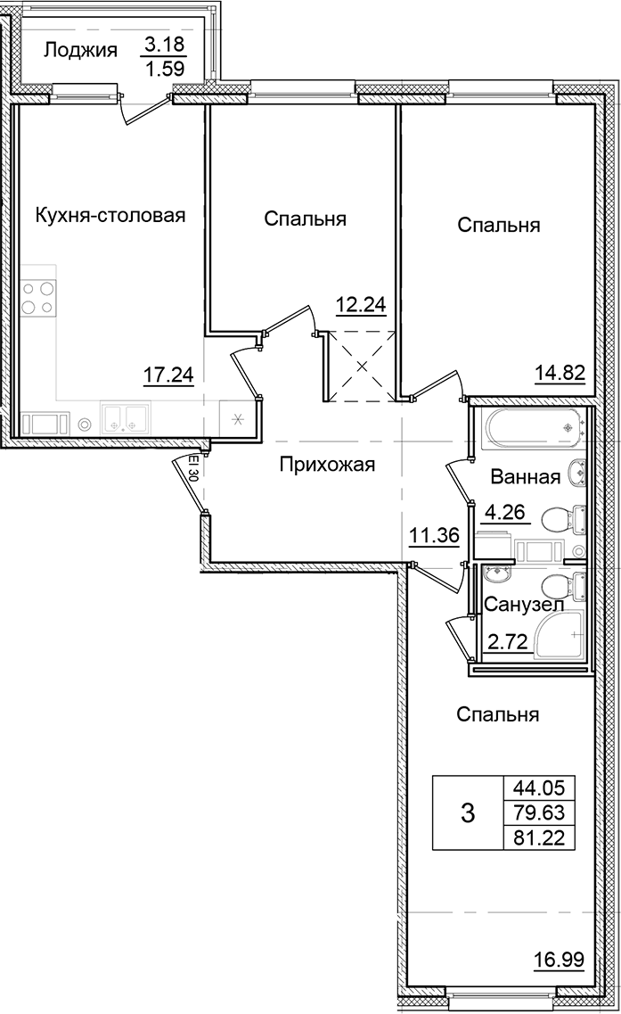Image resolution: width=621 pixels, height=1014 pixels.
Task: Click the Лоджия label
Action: tap(80, 51)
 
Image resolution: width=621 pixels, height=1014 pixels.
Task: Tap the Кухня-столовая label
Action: tap(110, 215)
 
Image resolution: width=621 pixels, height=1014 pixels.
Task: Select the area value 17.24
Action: tap(168, 375)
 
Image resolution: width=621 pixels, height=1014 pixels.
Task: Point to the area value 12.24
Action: tap(360, 305)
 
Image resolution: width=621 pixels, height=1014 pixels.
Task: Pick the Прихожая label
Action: tap(327, 465)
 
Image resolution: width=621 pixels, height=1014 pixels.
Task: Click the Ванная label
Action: tap(525, 477)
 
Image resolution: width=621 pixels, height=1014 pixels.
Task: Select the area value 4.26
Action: tap(504, 513)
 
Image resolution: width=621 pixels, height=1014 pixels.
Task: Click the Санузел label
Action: tap(524, 606)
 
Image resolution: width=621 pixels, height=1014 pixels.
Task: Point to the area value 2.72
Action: tap(504, 641)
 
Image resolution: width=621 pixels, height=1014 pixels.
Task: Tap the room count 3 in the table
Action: tap(468, 812)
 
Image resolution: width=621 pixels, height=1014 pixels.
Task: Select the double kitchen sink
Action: tap(126, 417)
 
